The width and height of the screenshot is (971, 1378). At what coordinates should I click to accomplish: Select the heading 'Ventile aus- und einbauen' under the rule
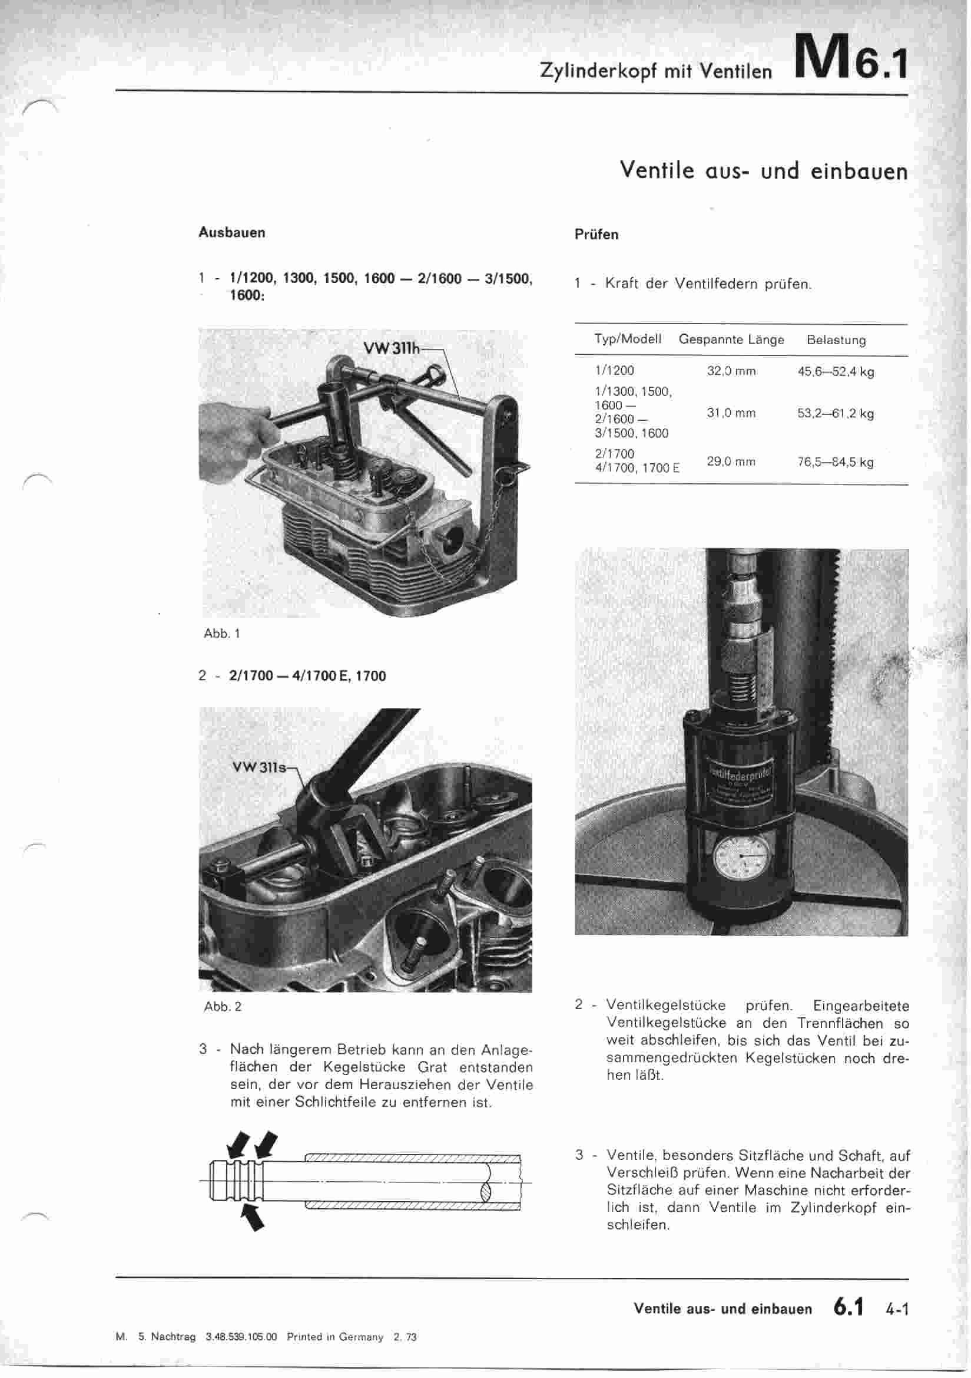click(x=764, y=171)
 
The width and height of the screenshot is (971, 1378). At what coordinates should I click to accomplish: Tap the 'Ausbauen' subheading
click(x=231, y=233)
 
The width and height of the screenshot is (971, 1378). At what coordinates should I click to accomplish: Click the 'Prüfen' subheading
click(x=596, y=235)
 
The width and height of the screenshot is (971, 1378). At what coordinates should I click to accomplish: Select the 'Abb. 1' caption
click(x=222, y=633)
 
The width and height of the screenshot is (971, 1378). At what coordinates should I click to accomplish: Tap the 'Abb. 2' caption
click(x=223, y=1007)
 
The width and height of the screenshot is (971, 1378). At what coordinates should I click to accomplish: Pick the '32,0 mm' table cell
click(x=731, y=371)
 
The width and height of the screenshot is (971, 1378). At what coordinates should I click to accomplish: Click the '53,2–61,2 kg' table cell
click(x=835, y=414)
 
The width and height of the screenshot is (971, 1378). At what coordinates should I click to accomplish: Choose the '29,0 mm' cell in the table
click(x=731, y=461)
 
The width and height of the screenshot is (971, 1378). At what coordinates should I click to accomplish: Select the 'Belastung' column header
click(x=836, y=340)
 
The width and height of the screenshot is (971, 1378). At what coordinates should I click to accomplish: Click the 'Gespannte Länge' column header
click(x=731, y=339)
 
